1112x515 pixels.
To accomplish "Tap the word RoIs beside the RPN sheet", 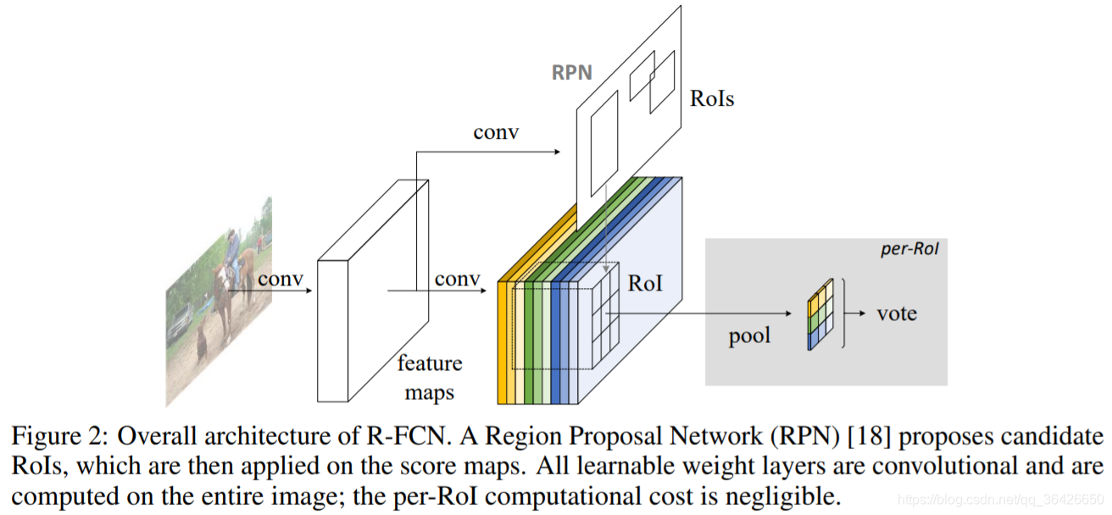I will pos(712,98).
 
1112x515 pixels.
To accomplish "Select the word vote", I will pos(897,313).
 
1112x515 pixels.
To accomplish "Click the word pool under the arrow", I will pos(750,336).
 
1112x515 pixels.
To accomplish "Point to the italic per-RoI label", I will pos(911,252).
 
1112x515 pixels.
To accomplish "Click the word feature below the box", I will pos(430,364).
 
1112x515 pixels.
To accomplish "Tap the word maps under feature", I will pos(429,392).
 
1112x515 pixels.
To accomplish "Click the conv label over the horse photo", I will pos(281,280).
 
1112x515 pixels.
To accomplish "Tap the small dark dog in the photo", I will pos(203,344).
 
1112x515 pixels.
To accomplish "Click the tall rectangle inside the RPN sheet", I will pos(604,144).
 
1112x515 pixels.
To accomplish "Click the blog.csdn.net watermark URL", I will pos(999,501).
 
